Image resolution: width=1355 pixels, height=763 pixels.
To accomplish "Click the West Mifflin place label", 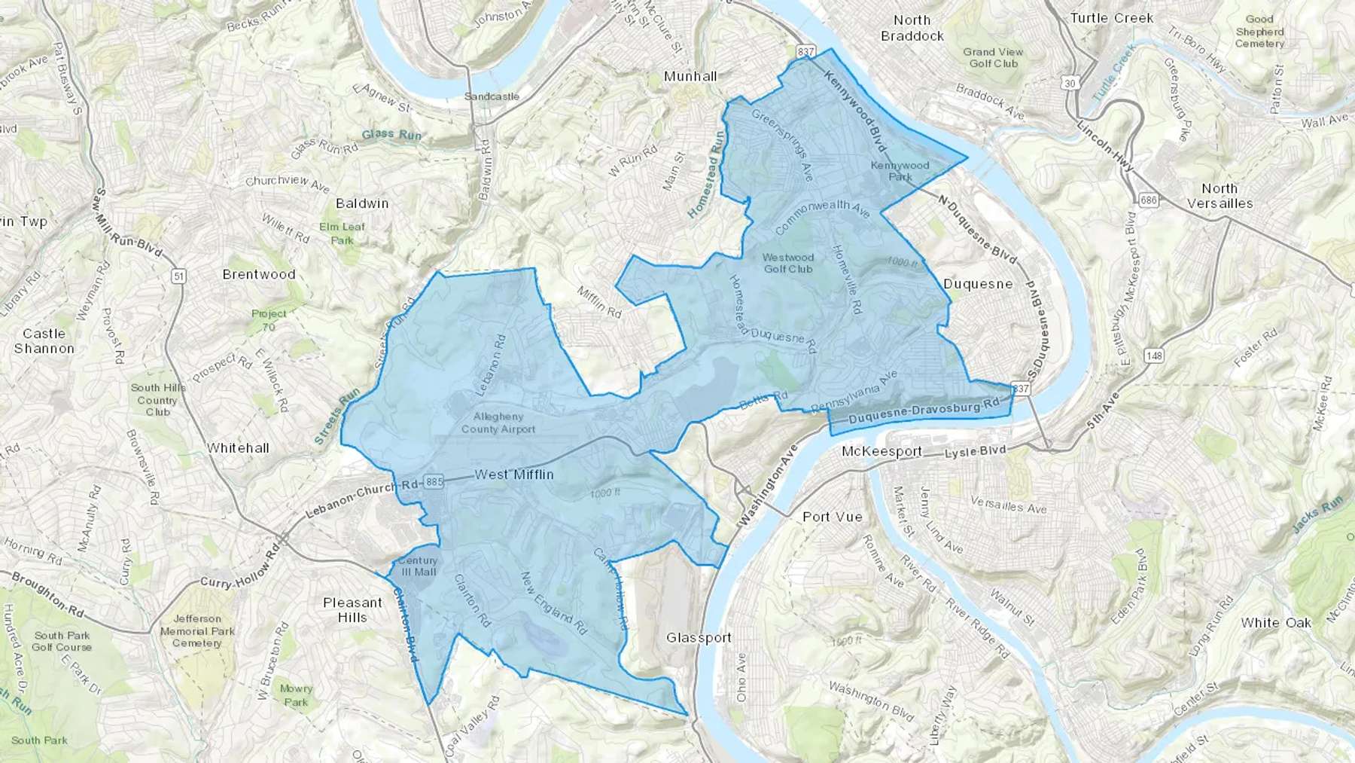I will coord(514,475).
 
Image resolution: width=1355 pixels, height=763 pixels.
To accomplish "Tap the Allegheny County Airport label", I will coord(498,423).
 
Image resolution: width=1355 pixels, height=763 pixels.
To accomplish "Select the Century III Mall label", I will coord(418,566).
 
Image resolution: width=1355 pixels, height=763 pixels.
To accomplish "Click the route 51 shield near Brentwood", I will coord(178,276).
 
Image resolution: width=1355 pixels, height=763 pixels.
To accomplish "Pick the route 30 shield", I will coord(1070,83).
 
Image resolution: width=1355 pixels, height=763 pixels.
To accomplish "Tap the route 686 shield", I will coord(1148,200).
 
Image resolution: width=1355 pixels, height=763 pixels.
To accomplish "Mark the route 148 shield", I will coord(1153,356).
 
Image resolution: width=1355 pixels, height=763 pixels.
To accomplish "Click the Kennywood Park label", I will coord(900,171).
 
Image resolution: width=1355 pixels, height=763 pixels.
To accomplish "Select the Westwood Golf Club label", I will coord(788,263).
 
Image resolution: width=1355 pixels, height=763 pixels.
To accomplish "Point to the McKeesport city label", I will coord(882,452).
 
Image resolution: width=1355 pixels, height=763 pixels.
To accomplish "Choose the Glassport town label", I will coord(699,638).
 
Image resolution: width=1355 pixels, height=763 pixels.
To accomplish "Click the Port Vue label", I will coord(832,517).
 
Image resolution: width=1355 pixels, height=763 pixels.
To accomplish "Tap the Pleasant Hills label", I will coord(352,610).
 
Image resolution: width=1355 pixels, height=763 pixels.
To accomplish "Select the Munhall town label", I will coord(690,76).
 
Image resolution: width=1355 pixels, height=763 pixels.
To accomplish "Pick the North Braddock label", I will coord(912,28).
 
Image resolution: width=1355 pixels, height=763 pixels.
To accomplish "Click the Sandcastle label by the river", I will coord(492,96).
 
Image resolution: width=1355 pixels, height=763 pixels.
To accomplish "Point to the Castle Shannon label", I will coord(44,341).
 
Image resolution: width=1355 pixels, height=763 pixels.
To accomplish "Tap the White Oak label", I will coord(1276,623).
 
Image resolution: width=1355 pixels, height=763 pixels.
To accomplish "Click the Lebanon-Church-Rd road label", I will coord(362,500).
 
